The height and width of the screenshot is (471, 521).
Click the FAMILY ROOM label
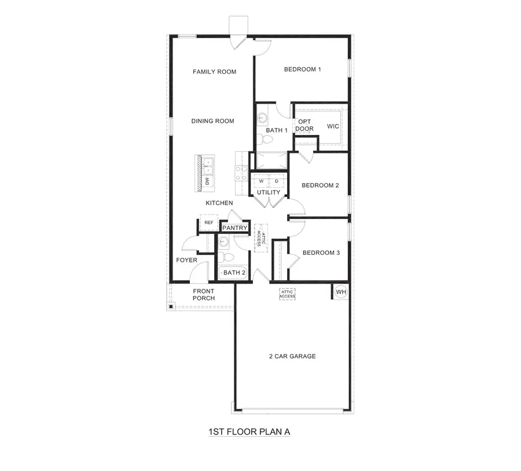tap(214, 72)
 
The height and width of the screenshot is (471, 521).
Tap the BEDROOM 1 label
tap(302, 70)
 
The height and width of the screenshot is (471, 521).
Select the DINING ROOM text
tap(212, 121)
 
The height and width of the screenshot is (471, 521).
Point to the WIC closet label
tap(333, 126)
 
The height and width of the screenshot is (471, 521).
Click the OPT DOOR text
tap(304, 125)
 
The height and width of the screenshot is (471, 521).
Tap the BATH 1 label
tap(277, 130)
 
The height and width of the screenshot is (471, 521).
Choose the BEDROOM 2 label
tap(320, 185)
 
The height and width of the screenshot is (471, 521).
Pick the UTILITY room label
tap(269, 192)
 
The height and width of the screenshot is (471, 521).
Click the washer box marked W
tap(261, 181)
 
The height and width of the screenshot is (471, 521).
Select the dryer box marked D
tap(277, 181)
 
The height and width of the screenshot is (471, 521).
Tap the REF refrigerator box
tap(208, 222)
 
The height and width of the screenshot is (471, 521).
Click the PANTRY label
tap(235, 228)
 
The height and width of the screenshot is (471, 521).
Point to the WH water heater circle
tap(340, 291)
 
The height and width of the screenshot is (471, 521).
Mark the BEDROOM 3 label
tap(321, 253)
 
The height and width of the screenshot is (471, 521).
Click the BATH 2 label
tap(234, 272)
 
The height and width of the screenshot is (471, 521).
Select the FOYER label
tap(186, 260)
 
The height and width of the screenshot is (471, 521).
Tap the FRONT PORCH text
tap(203, 295)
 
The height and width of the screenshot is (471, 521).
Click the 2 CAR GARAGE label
tap(292, 356)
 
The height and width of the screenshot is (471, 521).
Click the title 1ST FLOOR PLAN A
tap(249, 432)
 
